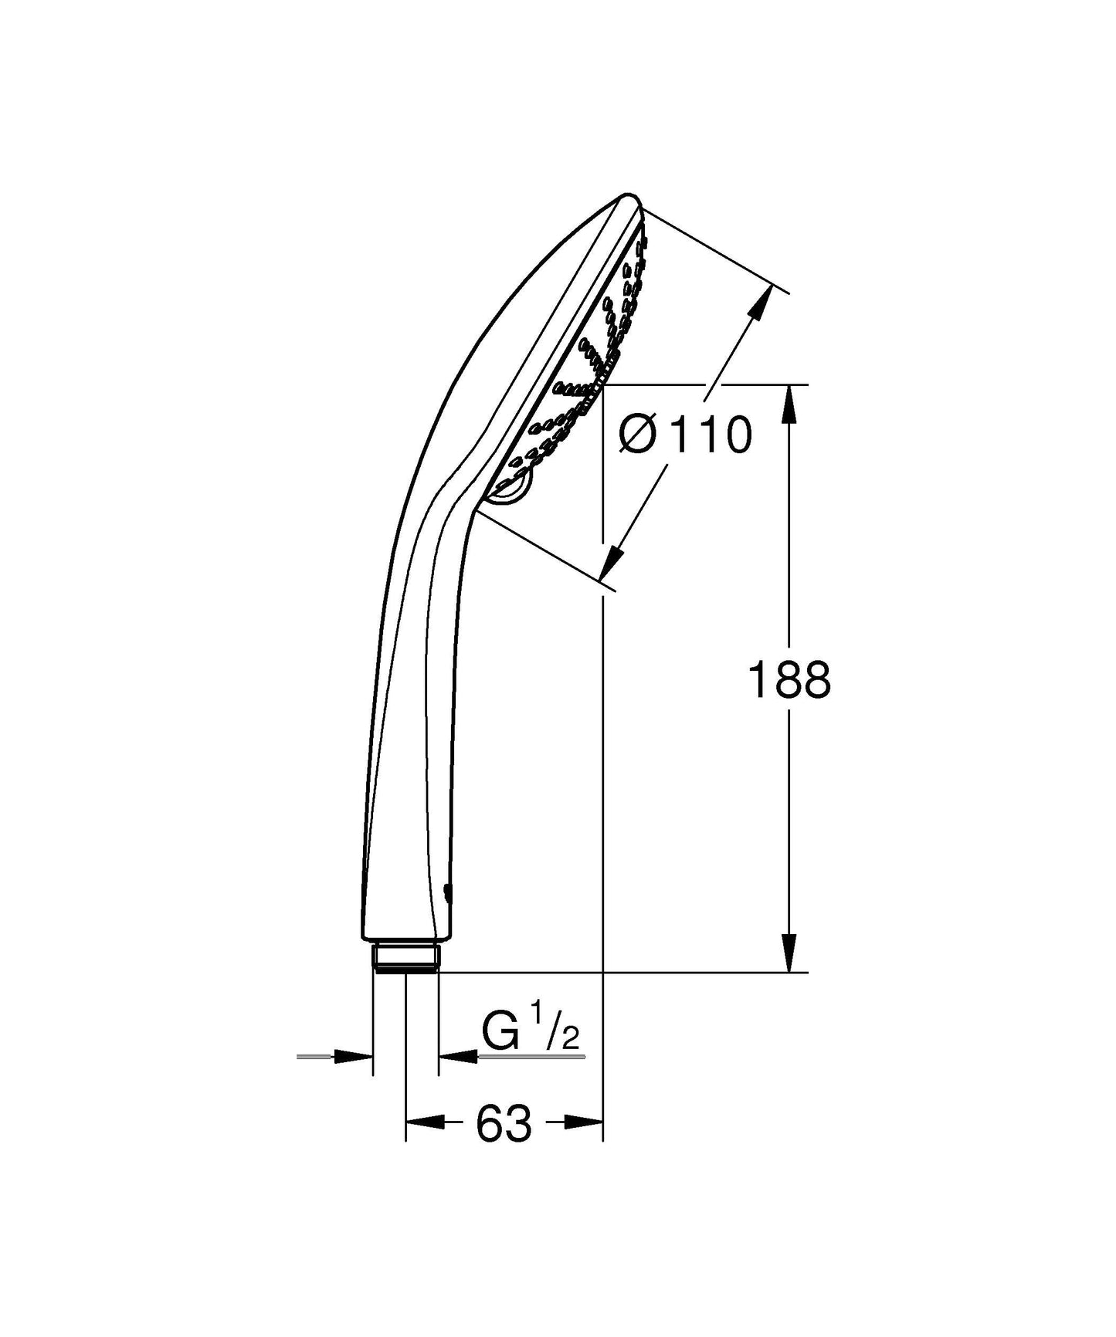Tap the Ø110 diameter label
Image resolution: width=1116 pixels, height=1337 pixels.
click(x=685, y=435)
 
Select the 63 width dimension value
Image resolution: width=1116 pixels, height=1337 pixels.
click(x=504, y=1123)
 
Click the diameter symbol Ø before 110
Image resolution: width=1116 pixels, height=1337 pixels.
click(x=638, y=435)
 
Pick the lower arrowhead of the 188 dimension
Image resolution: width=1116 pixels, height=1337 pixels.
click(x=789, y=953)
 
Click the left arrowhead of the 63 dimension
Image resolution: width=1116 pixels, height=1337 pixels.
click(x=426, y=1122)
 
